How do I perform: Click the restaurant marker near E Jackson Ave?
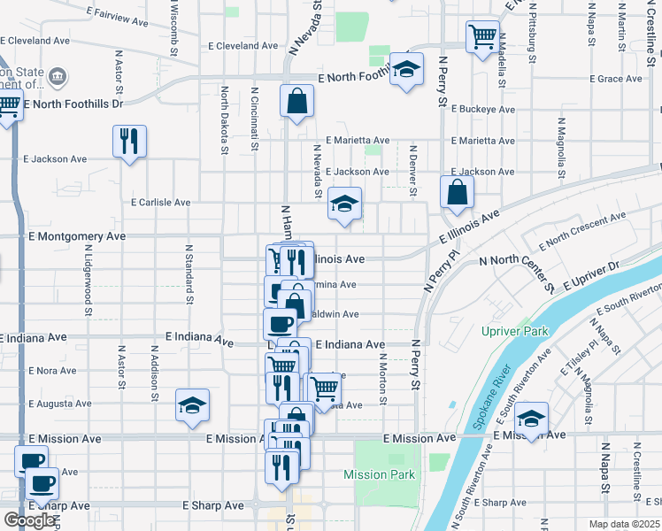coord(129,142)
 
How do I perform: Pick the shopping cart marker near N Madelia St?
coord(482,38)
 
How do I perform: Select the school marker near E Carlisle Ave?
coord(344,204)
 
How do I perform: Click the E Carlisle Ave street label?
coord(160,203)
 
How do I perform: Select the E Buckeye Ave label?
coord(483,110)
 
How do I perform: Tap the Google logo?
coord(30,519)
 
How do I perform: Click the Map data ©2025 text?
coord(624,524)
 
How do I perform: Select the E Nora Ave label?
coord(53,371)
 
